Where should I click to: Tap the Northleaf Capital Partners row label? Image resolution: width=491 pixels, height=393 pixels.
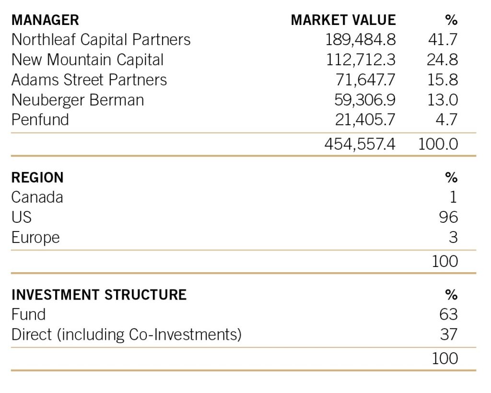101,39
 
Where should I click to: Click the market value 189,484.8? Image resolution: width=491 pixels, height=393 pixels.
361,39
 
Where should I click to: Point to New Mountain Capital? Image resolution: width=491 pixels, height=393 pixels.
87,59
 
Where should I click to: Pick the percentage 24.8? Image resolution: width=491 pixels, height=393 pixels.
442,59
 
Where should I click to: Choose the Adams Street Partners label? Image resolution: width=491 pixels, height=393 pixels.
89,80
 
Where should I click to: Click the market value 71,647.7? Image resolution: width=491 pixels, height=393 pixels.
365,80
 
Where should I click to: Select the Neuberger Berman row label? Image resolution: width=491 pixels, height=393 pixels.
78,100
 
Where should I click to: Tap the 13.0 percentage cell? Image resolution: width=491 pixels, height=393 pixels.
442,100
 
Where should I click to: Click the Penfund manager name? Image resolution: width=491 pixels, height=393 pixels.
40,119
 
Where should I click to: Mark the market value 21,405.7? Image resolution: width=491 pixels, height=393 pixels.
365,119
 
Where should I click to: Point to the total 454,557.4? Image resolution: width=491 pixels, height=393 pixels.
360,144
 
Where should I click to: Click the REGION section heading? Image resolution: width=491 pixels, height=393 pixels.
37,177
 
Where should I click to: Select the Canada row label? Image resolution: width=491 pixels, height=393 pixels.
37,197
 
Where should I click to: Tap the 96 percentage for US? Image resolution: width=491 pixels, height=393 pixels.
448,217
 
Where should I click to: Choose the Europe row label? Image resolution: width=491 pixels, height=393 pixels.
35,237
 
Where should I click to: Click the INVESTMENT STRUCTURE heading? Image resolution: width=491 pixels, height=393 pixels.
99,294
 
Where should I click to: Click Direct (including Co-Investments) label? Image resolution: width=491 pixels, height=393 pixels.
126,334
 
